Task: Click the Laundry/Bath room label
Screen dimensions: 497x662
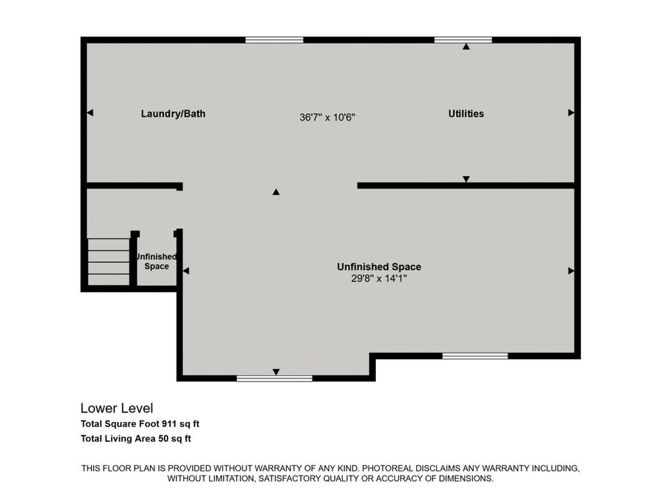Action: pos(173,114)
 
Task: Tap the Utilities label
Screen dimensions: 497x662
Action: pos(466,114)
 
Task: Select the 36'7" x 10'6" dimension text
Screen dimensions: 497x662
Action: pos(328,117)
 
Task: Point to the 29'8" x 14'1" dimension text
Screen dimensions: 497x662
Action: pos(378,278)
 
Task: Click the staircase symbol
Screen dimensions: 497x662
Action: pos(109,261)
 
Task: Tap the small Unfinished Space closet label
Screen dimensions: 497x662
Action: pos(157,261)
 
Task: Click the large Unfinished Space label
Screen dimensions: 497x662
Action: pos(379,267)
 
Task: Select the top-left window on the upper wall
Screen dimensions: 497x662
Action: pos(274,40)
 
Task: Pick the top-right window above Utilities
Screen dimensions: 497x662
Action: pos(463,40)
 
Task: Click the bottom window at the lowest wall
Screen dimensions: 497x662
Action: pos(274,378)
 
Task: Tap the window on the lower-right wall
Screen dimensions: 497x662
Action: pos(474,356)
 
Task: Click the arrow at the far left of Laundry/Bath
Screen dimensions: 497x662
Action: pos(90,113)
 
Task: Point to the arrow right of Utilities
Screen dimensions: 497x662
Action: pos(571,113)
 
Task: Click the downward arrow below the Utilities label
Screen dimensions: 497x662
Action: pos(466,179)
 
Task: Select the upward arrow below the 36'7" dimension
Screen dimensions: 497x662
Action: pos(276,192)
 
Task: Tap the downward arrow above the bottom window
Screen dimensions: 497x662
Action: pos(276,371)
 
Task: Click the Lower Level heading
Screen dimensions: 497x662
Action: pos(116,408)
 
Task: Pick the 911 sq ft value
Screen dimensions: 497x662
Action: pos(182,424)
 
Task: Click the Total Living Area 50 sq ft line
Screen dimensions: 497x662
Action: pos(136,439)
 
